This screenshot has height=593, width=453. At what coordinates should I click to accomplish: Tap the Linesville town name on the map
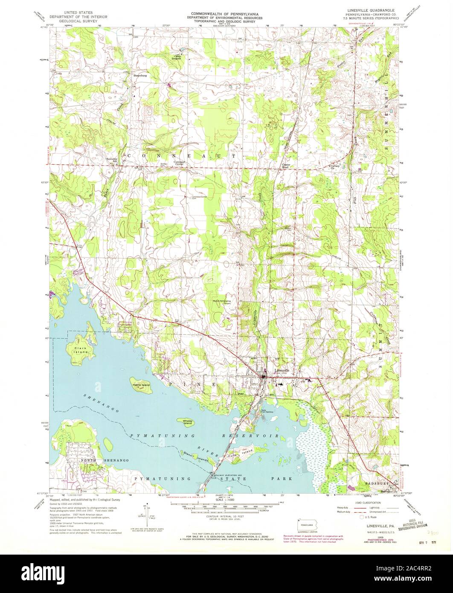click(282, 370)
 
